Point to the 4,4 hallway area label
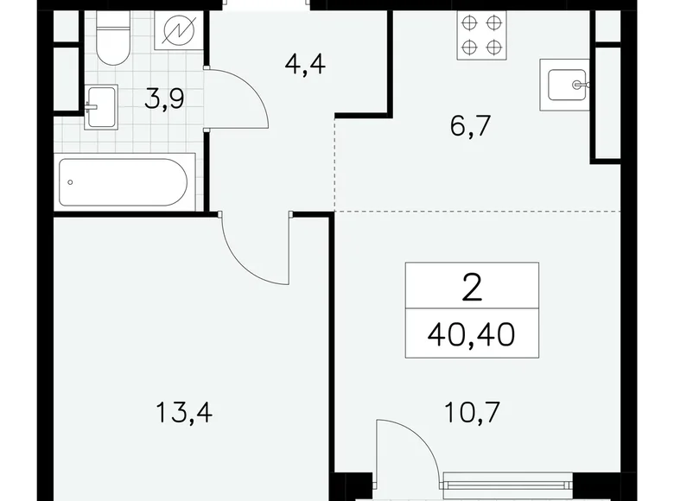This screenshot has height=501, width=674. (303, 64)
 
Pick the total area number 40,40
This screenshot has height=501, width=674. (472, 330)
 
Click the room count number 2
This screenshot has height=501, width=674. (472, 287)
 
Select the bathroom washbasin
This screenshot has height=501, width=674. (100, 107)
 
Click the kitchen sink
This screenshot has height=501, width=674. (564, 85)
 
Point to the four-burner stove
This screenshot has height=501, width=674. (480, 35)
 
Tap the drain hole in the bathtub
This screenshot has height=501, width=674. (70, 182)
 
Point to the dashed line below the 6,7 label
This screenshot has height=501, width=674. (475, 211)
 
